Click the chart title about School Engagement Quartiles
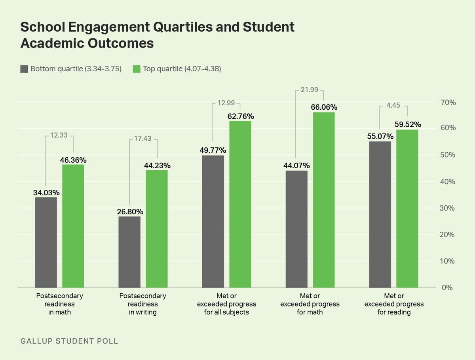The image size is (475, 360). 157,35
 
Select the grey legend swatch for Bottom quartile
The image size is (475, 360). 24,69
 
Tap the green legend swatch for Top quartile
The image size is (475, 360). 136,69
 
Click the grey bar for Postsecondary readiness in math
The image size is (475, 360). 46,242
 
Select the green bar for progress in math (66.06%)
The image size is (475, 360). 324,200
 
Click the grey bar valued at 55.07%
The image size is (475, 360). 380,214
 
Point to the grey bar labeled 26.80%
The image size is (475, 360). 129,252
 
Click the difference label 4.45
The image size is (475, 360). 393,106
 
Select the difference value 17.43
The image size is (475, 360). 143,139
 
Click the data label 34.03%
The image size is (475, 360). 46,193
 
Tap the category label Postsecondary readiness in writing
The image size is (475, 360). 143,304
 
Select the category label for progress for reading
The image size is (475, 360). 394,304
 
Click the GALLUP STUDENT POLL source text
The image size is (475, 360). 69,341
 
